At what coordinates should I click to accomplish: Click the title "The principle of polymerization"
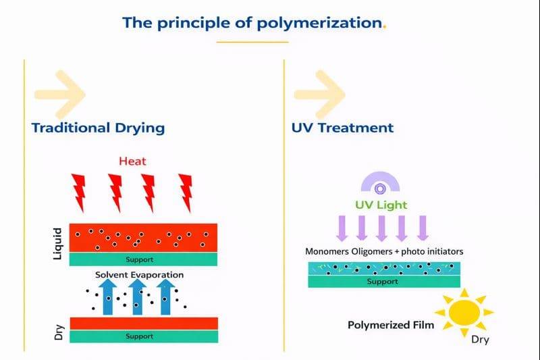tap(252, 22)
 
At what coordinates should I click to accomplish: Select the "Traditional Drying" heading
tap(98, 127)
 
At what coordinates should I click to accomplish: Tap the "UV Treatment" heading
tap(343, 127)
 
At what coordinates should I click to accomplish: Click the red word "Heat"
tap(132, 161)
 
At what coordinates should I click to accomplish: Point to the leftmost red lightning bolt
tap(80, 192)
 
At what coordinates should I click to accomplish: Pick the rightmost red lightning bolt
tap(185, 192)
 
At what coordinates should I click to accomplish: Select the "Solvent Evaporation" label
tap(139, 275)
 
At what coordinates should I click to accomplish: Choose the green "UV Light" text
tap(381, 204)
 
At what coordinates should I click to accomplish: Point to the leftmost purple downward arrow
tap(342, 228)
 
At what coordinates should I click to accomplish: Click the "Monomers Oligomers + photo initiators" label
tap(383, 252)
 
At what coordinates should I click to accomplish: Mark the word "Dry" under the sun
tap(479, 340)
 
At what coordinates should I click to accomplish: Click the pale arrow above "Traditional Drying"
tap(60, 94)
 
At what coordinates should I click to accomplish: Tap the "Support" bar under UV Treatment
tap(382, 282)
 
